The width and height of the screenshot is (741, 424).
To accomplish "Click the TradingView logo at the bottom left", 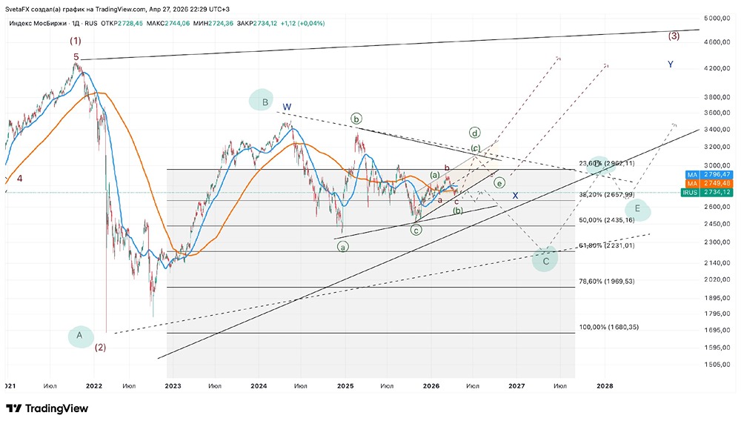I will [47, 408].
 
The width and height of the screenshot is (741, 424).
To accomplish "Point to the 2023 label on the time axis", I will [172, 386].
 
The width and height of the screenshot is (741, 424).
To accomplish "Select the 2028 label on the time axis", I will [605, 386].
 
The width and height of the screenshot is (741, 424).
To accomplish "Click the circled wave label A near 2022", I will [79, 336].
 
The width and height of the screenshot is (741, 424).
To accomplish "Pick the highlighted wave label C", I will [545, 260].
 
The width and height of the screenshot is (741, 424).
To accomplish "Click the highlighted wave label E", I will [637, 210].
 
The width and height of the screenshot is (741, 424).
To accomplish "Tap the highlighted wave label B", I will [265, 102].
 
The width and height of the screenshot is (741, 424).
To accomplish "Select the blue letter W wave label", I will [287, 107].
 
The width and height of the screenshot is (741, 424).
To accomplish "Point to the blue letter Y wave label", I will [670, 64].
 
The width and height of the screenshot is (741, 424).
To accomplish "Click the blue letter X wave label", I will [515, 195].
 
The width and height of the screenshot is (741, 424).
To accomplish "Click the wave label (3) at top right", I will [674, 36].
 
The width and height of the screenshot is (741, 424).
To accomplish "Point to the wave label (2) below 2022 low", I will [100, 347].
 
